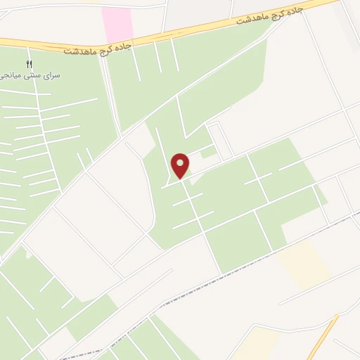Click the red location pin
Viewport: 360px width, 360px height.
pos(181,165)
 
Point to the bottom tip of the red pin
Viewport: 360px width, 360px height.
pos(181,178)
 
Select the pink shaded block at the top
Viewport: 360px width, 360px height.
pos(117,24)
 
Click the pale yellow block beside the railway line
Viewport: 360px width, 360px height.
pos(304,264)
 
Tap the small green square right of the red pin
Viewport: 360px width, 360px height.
pos(207,153)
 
